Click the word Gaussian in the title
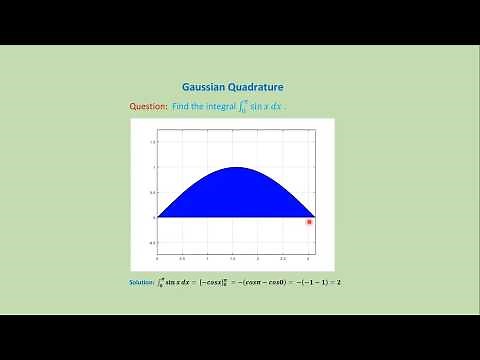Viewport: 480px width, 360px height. coord(205,88)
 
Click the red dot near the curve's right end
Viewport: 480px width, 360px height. coord(309,221)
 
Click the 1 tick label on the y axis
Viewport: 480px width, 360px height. coord(153,167)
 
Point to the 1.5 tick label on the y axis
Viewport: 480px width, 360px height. coord(152,142)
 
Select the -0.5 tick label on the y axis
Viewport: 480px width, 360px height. coord(151,242)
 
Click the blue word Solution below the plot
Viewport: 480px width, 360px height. coord(142,283)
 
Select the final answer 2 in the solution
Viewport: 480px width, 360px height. coord(339,283)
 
